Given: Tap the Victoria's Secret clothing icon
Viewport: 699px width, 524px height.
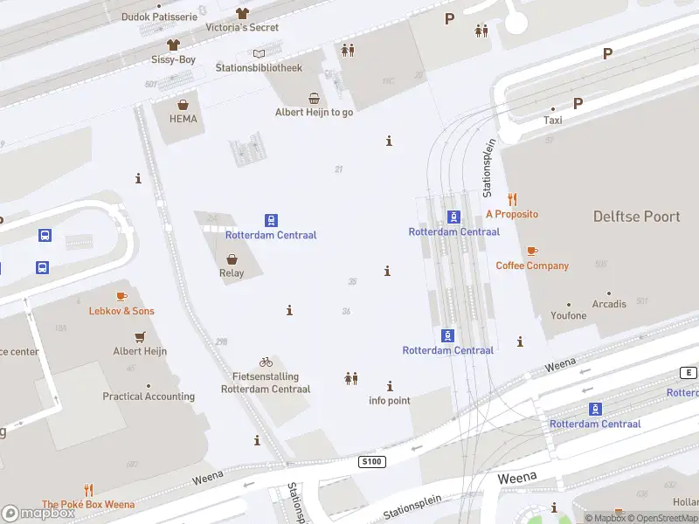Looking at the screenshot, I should coord(242,13).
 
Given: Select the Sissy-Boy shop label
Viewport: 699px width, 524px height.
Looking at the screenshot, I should coord(173,59).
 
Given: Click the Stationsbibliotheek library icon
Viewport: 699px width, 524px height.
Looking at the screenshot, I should coord(259,53).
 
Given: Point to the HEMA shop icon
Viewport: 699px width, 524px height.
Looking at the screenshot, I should coord(183,104).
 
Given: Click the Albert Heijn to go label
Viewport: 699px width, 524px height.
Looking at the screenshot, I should coord(315,112).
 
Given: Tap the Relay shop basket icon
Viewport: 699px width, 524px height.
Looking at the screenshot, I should coord(232,259).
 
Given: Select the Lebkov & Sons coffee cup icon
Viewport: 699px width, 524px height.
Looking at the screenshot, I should coord(121,297).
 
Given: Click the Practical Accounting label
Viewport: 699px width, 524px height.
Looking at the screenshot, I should coord(149,396).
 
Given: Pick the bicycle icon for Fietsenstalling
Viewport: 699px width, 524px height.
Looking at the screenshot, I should coord(266,362).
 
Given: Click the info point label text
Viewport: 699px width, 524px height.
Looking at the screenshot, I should coord(390,401).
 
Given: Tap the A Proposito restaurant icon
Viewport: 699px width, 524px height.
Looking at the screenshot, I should coord(512,199).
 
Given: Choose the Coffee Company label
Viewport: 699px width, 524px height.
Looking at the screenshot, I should coord(532,265).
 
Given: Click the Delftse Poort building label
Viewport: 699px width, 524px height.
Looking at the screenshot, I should coord(636,217).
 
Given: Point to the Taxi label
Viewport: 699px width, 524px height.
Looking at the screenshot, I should coord(553,121).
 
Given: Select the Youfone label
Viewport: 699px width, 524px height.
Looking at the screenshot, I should coord(569,315).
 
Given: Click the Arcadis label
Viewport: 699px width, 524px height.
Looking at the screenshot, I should coord(609,304).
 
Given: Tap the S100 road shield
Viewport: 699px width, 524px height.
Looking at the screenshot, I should coord(370,460).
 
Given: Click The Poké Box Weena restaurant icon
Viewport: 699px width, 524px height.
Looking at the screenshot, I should coord(88,490).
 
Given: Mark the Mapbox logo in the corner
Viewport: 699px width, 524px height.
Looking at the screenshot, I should coord(38,514).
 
